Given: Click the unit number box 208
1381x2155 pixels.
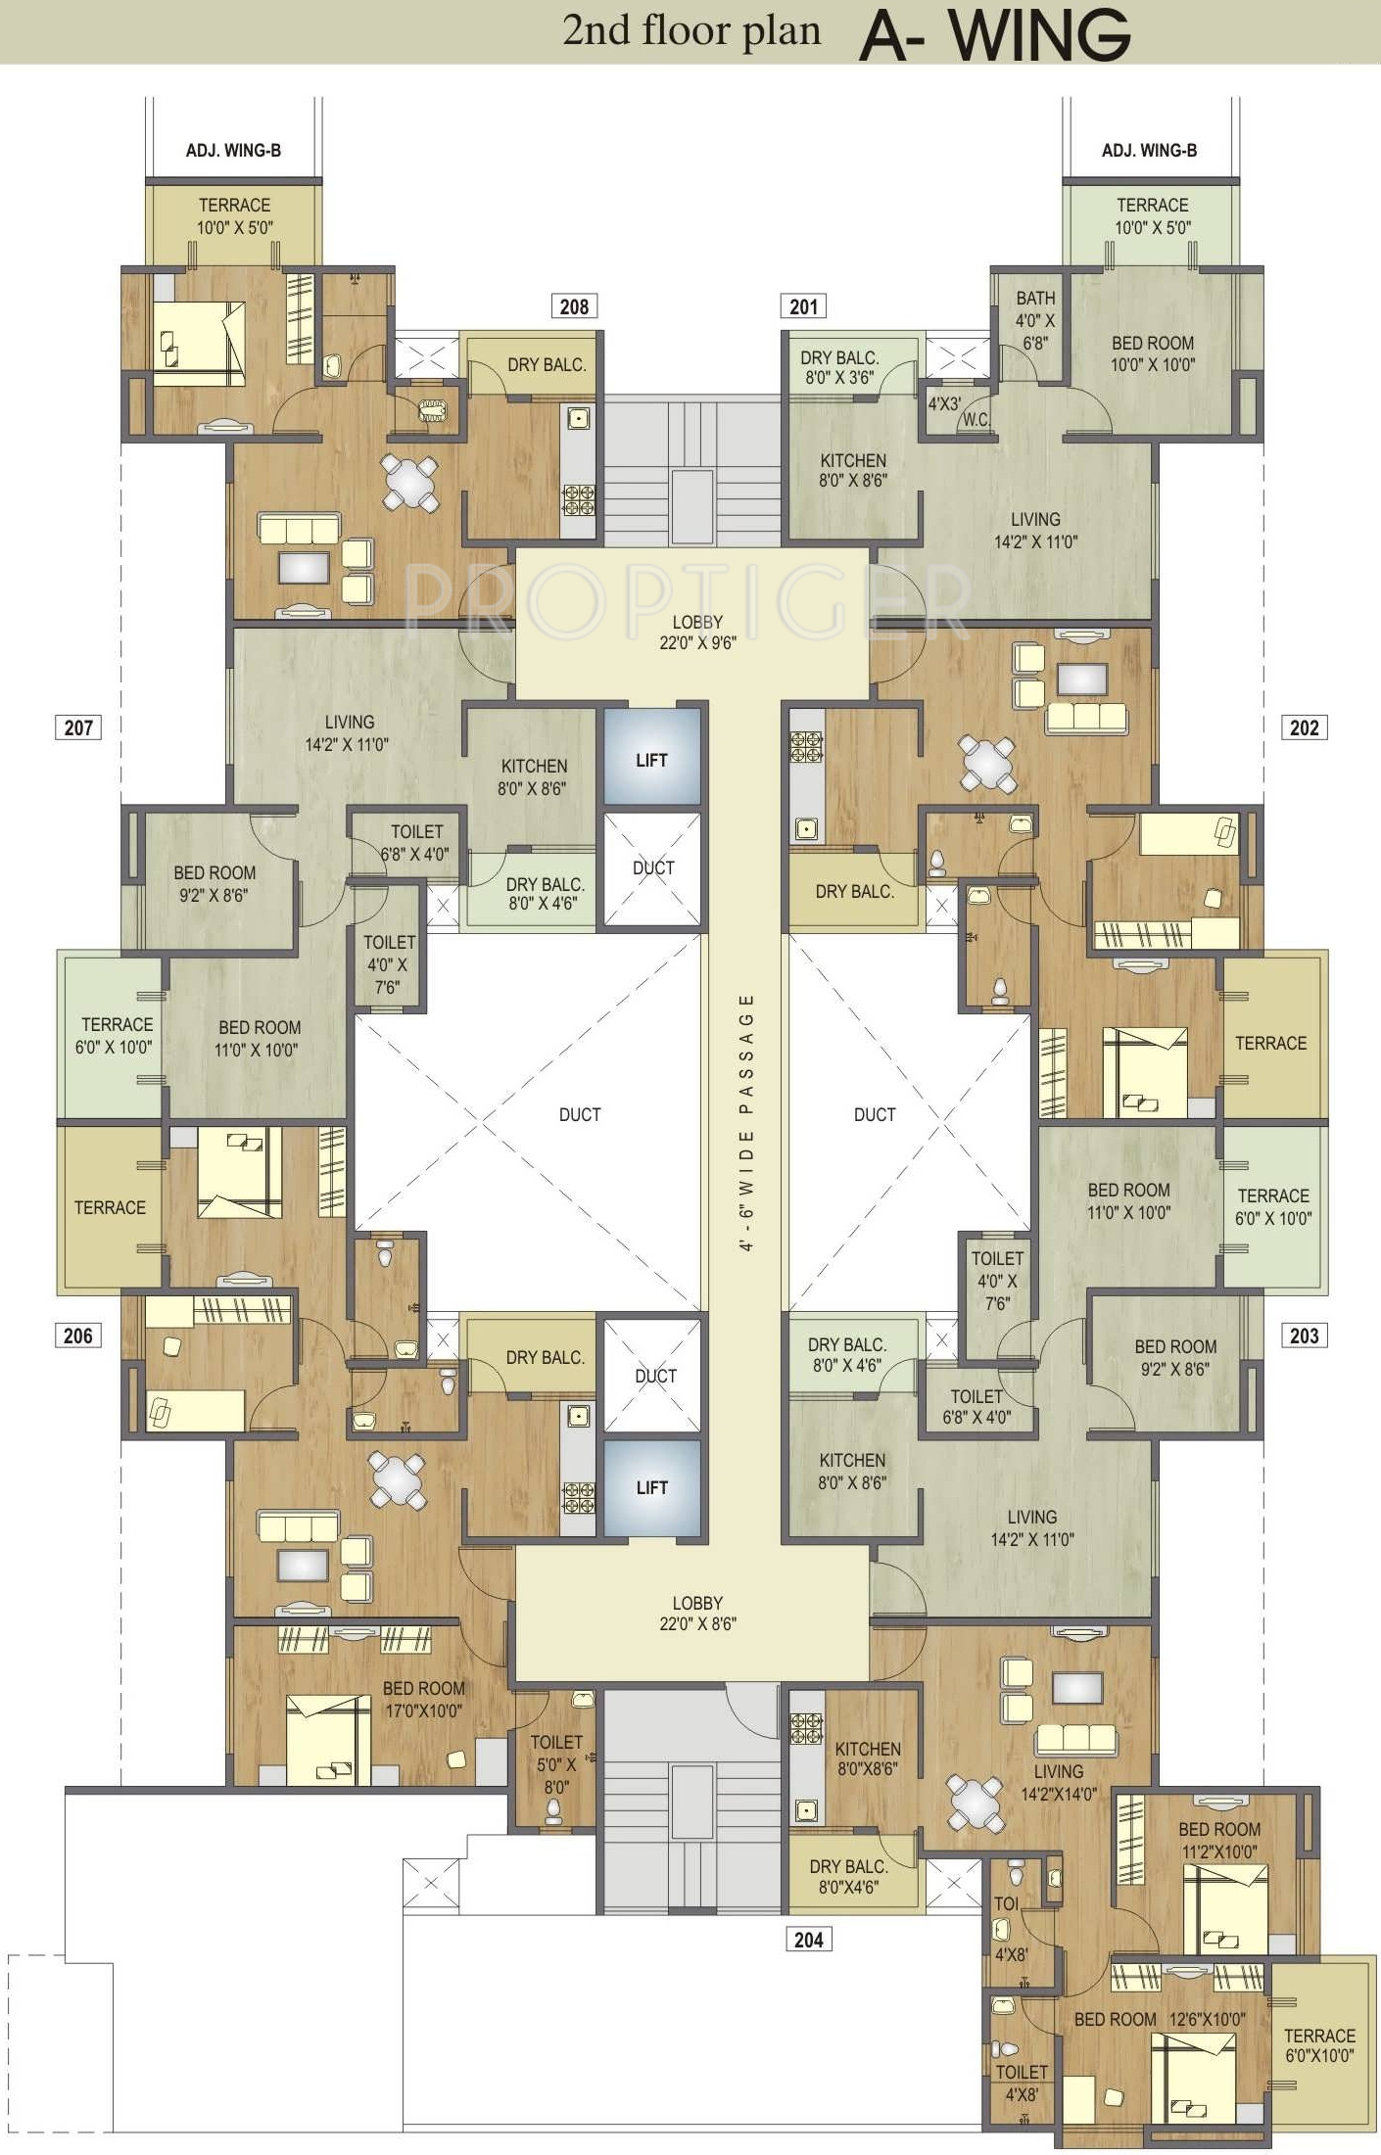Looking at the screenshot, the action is [x=574, y=306].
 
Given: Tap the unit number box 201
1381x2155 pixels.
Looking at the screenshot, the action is [x=803, y=306].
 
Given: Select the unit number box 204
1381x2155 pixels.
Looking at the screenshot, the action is [x=808, y=1939].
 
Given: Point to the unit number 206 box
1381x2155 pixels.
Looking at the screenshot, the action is [x=77, y=1335].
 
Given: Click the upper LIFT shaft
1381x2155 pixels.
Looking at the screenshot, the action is [x=652, y=759].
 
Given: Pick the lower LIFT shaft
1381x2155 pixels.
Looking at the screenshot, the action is [x=652, y=1487].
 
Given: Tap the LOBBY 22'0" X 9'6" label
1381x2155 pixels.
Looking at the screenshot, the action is [x=697, y=632].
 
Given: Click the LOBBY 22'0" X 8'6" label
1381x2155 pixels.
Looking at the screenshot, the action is [x=697, y=1613].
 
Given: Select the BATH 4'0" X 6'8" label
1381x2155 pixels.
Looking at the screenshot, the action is [x=1035, y=320].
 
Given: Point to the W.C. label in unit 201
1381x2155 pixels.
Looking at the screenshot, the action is [x=976, y=420].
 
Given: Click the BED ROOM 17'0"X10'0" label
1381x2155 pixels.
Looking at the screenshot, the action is [x=423, y=1700].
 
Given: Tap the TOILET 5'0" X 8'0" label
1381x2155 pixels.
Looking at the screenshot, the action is [x=556, y=1764].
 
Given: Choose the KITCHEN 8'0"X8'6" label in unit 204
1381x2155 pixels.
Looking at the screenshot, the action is [x=867, y=1758].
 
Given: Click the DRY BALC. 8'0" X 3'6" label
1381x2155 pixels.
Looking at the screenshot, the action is [x=839, y=367].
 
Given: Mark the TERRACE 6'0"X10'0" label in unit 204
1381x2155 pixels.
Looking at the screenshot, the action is [x=1319, y=2045].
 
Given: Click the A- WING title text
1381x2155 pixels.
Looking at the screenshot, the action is [x=995, y=34].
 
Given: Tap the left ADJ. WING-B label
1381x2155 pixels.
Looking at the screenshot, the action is [x=233, y=150].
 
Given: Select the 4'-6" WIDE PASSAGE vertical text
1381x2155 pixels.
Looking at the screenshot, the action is [x=746, y=1122].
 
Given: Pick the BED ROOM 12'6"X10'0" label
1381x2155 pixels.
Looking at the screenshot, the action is [x=1160, y=2019].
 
